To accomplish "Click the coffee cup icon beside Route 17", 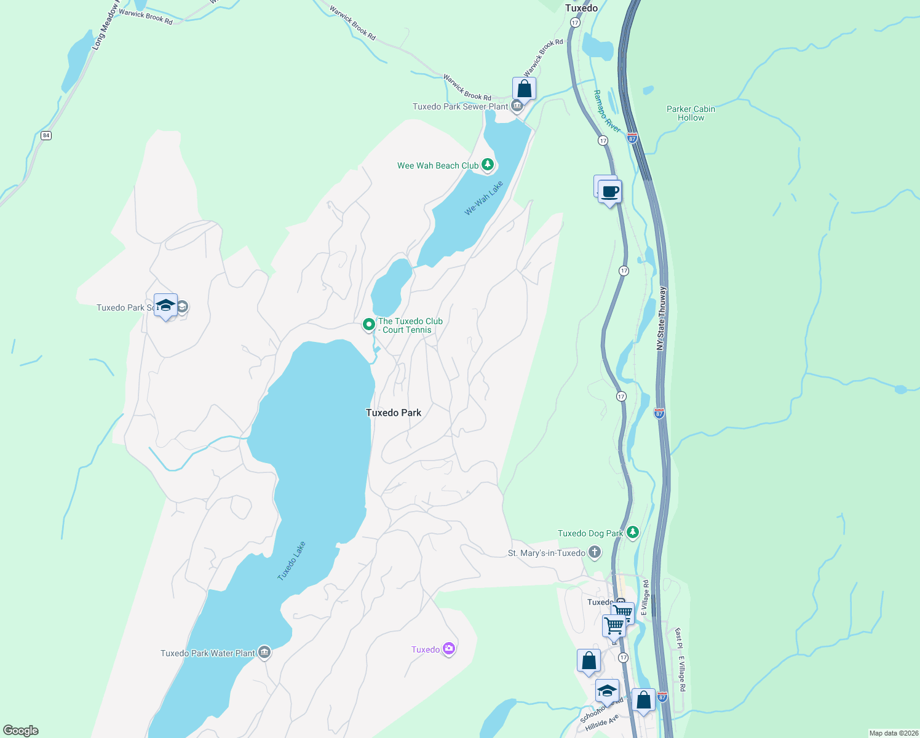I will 609,192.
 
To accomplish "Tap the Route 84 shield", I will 46,135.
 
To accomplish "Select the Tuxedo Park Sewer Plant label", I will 460,106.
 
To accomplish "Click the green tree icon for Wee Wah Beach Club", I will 488,164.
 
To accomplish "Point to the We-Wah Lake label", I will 484,198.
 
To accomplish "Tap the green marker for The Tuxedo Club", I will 368,324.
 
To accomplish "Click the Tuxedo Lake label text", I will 291,561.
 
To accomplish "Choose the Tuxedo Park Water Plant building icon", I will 264,652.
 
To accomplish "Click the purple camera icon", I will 449,649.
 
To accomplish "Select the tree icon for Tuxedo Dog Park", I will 633,532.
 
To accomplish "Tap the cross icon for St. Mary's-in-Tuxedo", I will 595,552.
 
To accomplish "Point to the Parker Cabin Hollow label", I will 691,113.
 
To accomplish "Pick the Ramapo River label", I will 606,111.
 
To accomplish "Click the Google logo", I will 21,731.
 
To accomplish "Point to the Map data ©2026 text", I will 893,733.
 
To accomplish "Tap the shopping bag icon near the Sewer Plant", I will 524,89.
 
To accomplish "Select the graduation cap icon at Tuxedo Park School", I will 165,305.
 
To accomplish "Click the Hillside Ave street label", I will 602,723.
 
